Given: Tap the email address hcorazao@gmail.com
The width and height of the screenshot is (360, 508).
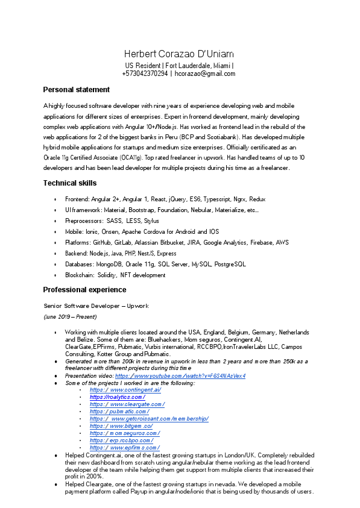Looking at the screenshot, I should (205, 74).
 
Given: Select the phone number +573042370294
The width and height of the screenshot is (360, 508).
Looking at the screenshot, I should (145, 74).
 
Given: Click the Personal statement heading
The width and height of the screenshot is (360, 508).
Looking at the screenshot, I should (76, 90).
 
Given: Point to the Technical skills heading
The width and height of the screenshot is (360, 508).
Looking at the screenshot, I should (70, 183).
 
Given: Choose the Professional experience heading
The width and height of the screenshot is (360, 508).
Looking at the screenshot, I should (85, 290).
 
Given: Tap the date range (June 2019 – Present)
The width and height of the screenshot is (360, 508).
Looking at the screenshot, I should (70, 316).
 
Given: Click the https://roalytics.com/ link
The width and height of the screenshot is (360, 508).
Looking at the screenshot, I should (117, 397).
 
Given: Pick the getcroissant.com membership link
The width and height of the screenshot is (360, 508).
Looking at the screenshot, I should (148, 419).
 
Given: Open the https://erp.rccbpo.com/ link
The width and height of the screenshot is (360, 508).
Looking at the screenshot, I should (121, 441).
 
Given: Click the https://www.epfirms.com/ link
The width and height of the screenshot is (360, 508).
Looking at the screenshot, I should (124, 448).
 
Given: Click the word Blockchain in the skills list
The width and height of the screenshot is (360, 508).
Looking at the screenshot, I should (79, 275).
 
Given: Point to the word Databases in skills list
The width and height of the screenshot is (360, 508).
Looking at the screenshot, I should (79, 264).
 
